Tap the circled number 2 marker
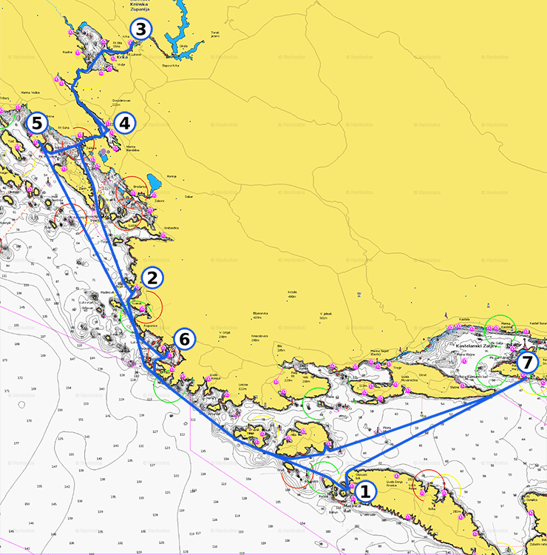[152, 278]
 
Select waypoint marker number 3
[141, 30]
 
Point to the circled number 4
[124, 124]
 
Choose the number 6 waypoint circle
[185, 340]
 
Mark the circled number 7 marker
[526, 363]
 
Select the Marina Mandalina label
[132, 148]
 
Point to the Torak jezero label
[215, 34]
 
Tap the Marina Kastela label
[506, 324]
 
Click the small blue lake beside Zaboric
[154, 182]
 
